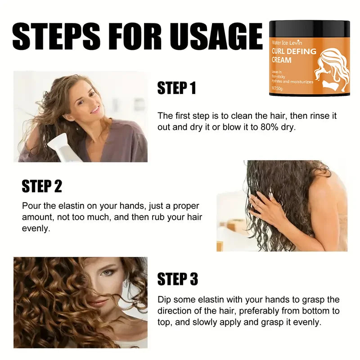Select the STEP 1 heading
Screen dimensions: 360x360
pos(177,88)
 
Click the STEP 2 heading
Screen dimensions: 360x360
pos(42,186)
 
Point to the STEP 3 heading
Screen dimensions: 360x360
pos(177,279)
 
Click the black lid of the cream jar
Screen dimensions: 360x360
pos(309,28)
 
